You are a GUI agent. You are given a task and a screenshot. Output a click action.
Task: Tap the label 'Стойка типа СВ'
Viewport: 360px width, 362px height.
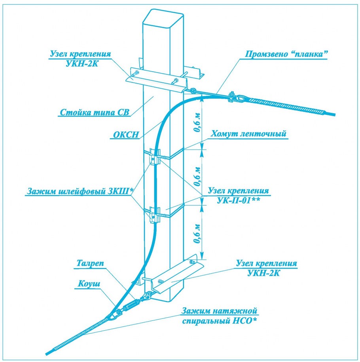pos(95,112)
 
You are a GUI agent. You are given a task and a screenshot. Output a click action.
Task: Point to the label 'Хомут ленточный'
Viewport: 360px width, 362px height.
pos(248,134)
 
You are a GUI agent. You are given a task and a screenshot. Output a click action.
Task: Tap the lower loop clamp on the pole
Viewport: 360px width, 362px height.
pos(154,214)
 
